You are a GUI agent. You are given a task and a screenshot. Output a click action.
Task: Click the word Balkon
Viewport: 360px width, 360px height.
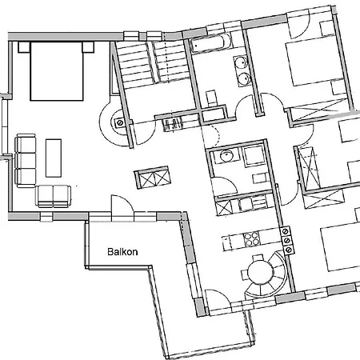point(122,252)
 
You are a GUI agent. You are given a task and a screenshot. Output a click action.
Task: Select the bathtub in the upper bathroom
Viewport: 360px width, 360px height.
point(211,44)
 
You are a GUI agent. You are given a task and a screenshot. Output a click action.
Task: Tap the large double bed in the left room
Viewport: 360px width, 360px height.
point(57,71)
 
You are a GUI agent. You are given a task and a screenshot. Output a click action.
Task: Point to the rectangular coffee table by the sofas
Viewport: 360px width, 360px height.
point(54,158)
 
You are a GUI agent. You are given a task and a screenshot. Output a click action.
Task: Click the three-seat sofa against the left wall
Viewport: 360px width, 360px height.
point(26,160)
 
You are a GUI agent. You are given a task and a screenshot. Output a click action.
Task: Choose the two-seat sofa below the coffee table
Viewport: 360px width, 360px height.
point(54,196)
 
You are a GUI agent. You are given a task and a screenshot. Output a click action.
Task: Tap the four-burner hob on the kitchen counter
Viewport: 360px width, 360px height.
point(251,238)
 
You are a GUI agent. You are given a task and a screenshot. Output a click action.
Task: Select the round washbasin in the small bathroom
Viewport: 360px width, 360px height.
point(226,156)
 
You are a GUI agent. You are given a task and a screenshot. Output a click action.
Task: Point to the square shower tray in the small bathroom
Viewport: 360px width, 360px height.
point(253,156)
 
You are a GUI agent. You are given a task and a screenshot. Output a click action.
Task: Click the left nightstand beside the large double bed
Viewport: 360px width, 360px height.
point(24,47)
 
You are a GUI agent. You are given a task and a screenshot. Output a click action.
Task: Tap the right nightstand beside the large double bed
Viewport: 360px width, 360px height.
point(88,47)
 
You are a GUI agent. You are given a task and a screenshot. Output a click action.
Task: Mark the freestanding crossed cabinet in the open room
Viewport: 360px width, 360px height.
point(152,178)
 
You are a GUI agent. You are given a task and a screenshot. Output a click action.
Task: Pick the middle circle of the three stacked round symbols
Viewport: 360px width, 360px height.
point(287,241)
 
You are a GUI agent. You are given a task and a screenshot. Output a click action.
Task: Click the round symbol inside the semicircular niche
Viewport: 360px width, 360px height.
point(119,123)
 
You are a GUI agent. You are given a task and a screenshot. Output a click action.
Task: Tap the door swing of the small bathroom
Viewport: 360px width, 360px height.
point(223,186)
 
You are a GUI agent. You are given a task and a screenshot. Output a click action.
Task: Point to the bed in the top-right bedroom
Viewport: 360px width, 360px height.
point(314,61)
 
